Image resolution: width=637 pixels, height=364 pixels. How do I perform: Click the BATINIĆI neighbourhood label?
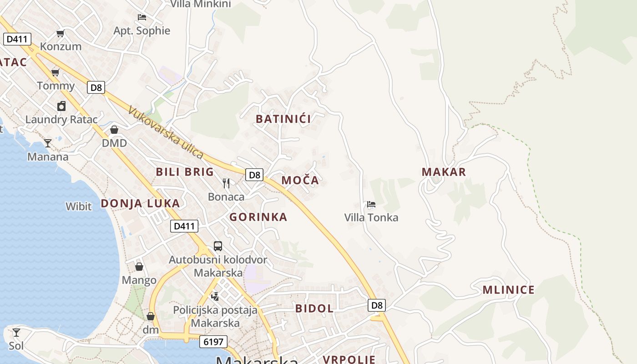(283, 119)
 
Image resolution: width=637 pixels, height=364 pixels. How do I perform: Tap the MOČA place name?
(300, 180)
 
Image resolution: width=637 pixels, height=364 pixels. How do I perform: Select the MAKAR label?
(444, 172)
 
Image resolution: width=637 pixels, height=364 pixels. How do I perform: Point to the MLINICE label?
(508, 290)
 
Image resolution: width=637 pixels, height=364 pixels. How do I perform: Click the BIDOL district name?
(314, 308)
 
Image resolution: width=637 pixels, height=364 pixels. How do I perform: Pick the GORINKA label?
(258, 217)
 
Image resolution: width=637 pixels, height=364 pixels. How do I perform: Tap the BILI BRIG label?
(184, 172)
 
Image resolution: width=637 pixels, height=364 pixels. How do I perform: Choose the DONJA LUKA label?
(140, 203)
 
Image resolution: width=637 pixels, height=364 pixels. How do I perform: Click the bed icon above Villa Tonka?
(371, 204)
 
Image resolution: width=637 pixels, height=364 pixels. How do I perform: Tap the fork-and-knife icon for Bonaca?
(226, 183)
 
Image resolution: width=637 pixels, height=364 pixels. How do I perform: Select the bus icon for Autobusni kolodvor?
(218, 246)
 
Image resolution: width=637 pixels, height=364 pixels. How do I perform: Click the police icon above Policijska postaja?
(215, 296)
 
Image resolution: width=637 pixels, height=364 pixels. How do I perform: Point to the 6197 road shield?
(213, 342)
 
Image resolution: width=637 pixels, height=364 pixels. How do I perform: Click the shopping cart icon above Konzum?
(60, 33)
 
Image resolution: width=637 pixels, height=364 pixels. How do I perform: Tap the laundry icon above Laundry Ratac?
(61, 106)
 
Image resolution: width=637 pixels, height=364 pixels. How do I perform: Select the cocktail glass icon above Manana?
(48, 143)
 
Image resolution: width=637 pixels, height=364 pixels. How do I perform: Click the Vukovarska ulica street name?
(166, 132)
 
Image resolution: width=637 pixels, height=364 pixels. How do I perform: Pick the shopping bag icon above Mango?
(139, 267)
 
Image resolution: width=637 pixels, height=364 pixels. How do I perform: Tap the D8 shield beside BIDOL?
(377, 305)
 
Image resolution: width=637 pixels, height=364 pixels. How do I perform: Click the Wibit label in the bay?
(79, 206)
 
